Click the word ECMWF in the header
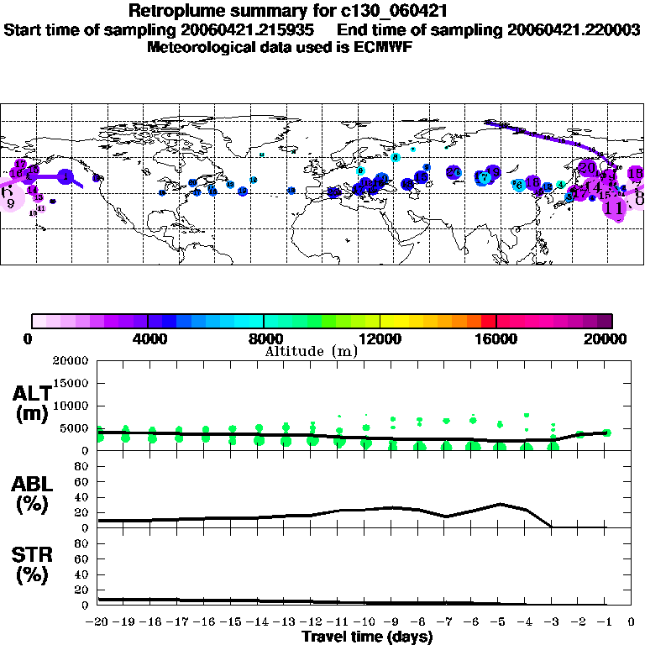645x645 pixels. [x=384, y=47]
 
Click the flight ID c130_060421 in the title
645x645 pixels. [x=375, y=12]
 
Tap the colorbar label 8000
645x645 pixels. [x=264, y=339]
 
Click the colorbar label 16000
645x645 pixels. [x=496, y=339]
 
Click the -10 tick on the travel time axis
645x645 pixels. [x=364, y=622]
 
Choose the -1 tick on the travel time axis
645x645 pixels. [x=605, y=622]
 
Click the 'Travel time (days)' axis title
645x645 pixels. [x=367, y=637]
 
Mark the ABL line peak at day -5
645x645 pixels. [x=500, y=504]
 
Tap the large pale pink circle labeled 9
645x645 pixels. [x=9, y=199]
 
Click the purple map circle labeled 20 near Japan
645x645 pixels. [x=587, y=166]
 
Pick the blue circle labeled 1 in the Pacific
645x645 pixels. [x=66, y=177]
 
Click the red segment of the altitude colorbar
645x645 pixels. [x=488, y=321]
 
